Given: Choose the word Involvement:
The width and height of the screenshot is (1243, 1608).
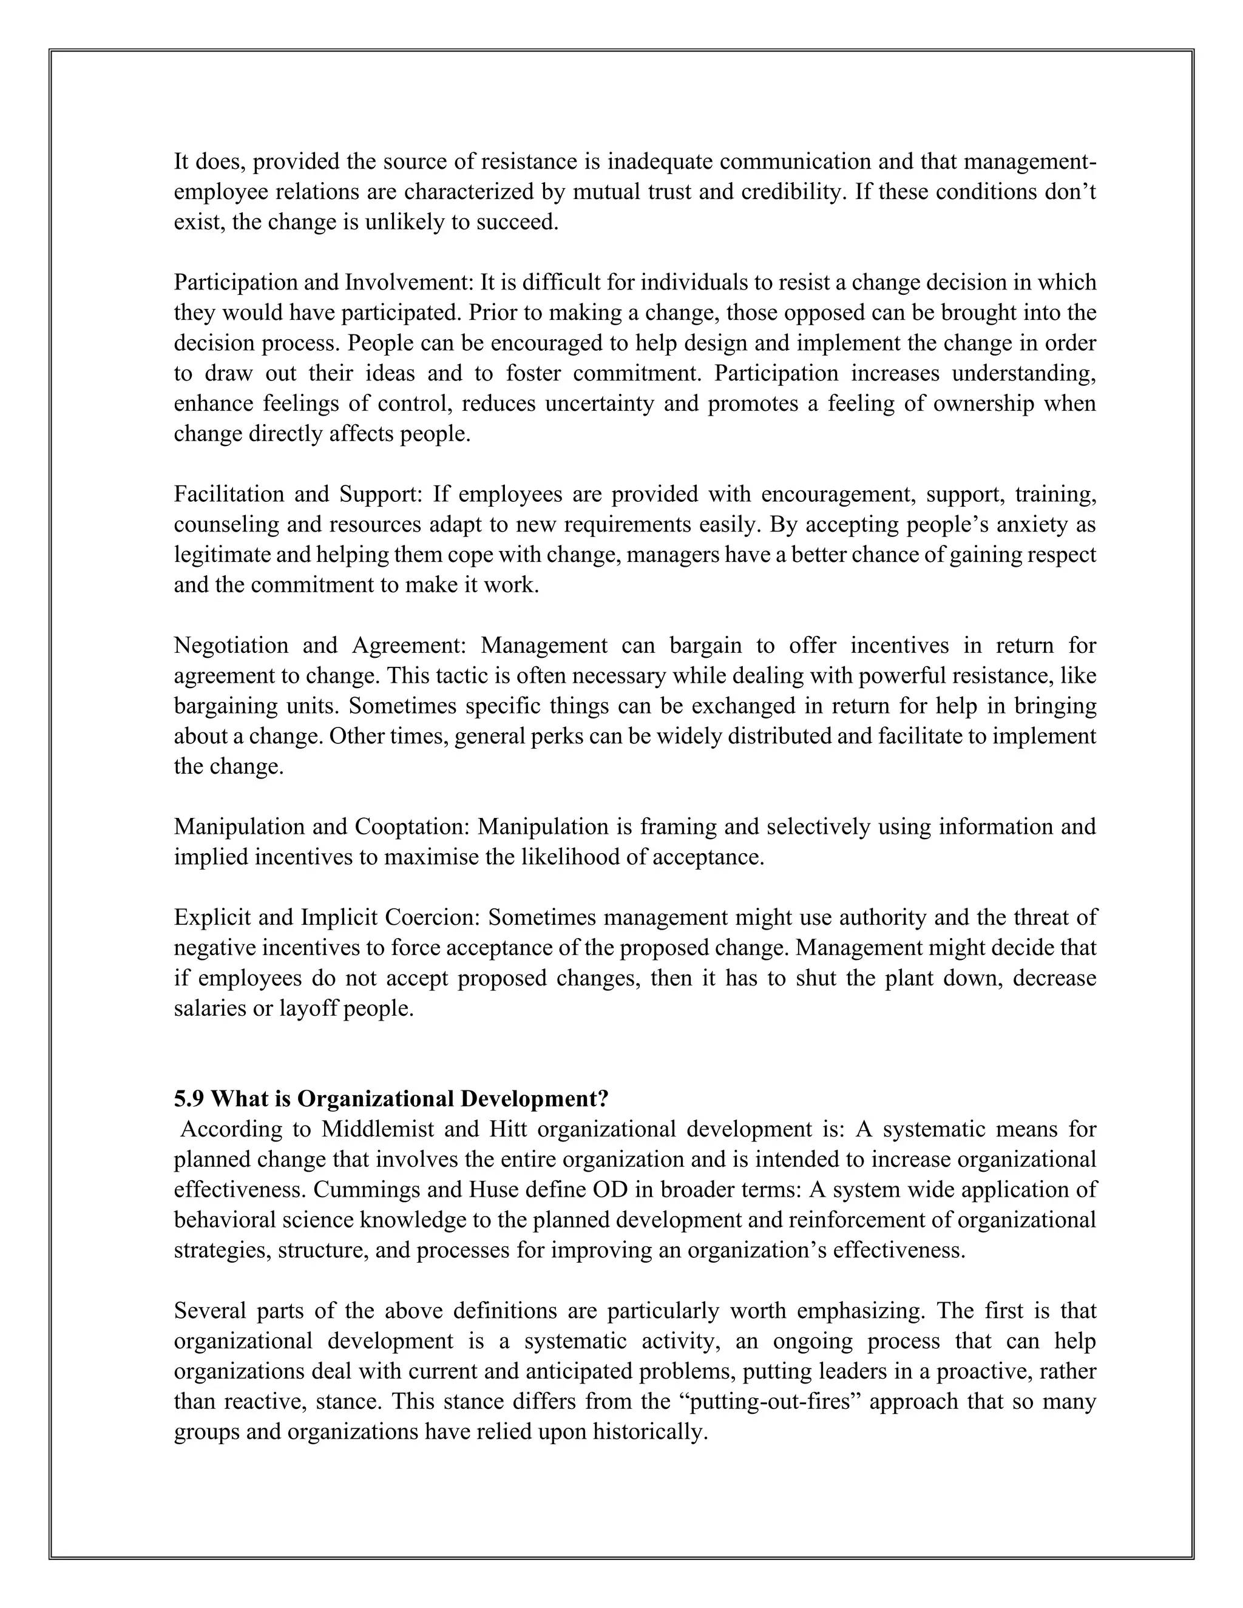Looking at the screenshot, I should (408, 283).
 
